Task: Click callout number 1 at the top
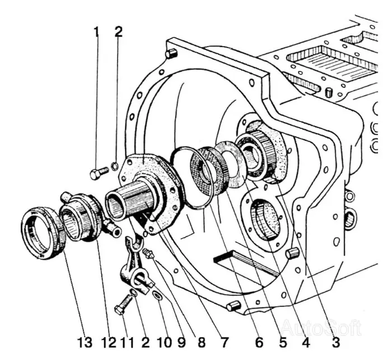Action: (96, 32)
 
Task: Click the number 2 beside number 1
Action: (118, 32)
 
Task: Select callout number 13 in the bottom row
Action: (84, 342)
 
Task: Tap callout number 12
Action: (109, 342)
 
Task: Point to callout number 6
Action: (259, 342)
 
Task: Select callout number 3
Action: (335, 342)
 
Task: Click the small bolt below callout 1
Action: (97, 172)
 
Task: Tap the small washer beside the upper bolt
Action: (114, 166)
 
